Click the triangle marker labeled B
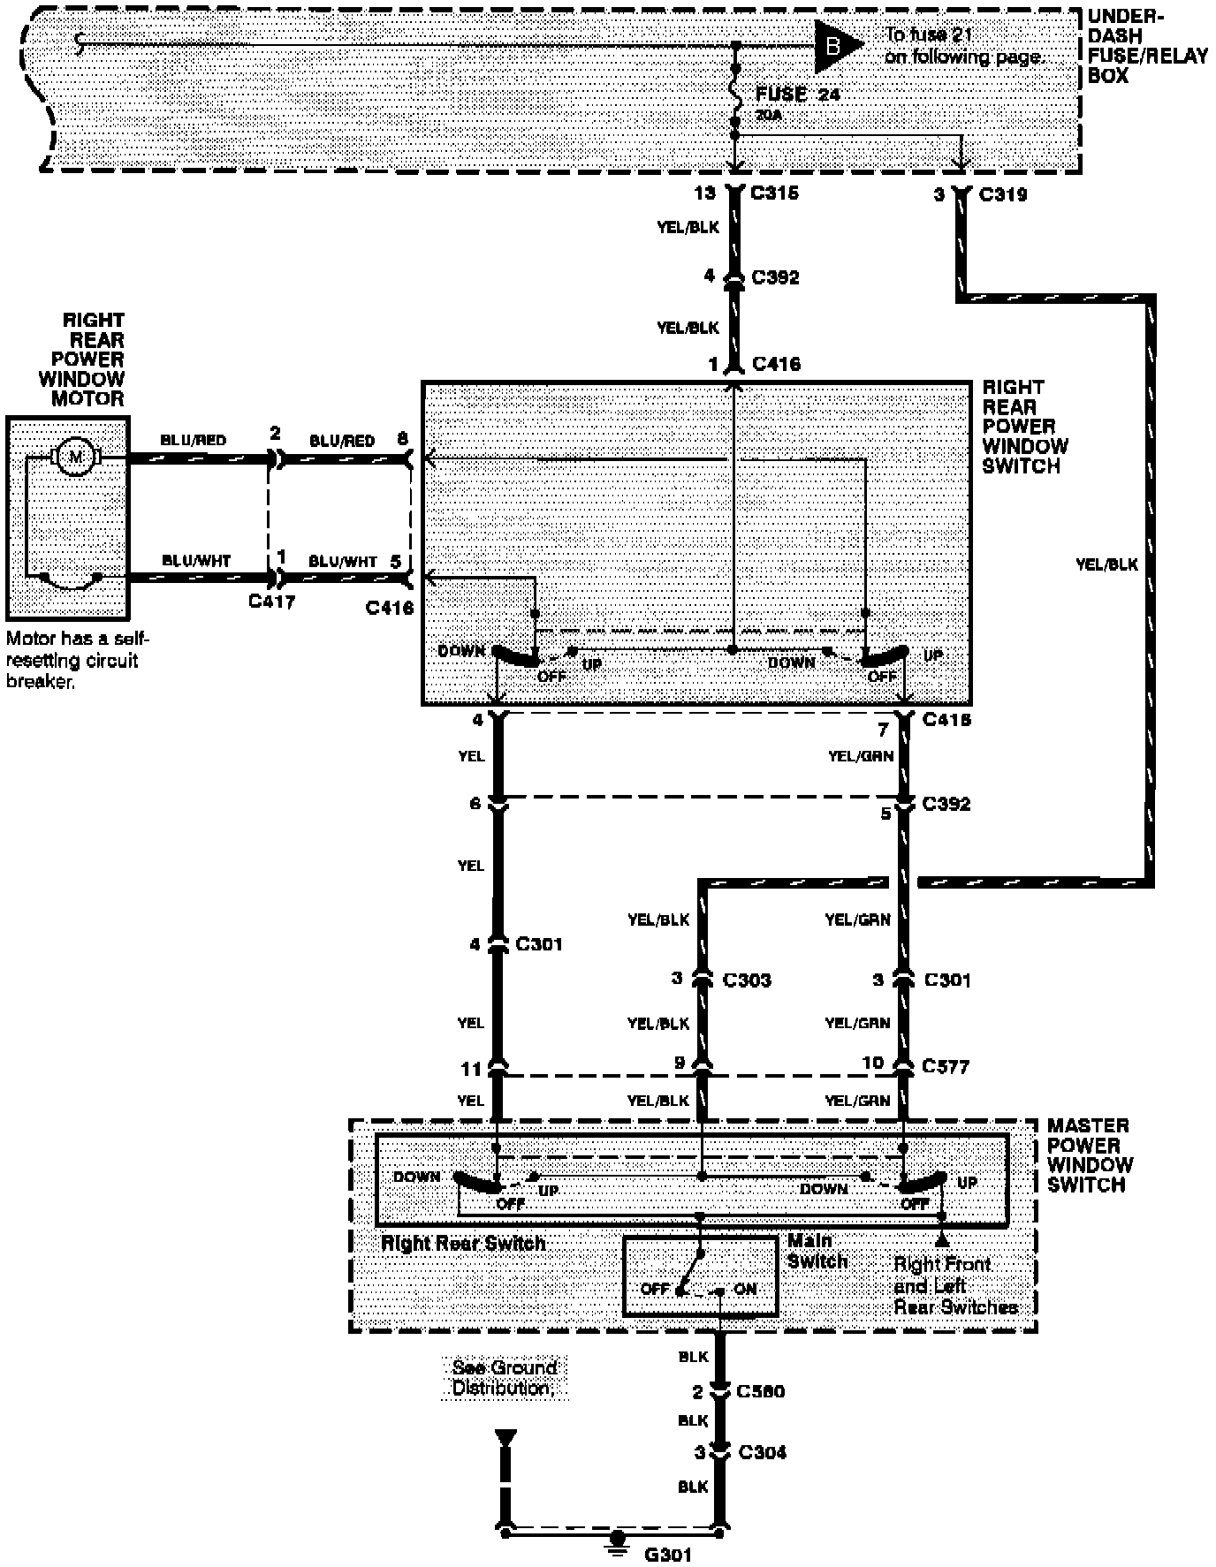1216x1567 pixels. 835,44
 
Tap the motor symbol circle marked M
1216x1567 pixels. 76,457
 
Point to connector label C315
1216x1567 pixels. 774,193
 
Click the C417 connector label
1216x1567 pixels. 271,602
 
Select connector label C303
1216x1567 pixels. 747,980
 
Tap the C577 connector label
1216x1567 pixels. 946,1066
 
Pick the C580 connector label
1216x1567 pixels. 761,1391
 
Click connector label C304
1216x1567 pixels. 761,1451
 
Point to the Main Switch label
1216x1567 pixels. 817,1251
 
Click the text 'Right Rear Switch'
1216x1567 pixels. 463,1243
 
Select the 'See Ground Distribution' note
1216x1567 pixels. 504,1377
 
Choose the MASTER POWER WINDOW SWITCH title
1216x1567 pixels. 1090,1154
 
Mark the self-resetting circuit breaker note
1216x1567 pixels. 77,660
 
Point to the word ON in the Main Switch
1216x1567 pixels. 745,1289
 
